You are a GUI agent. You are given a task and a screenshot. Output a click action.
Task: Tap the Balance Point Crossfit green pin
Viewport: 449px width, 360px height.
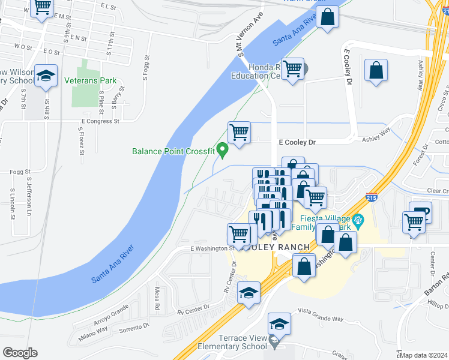click(x=223, y=149)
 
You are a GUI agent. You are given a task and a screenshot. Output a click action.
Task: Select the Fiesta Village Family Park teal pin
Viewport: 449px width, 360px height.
click(x=358, y=220)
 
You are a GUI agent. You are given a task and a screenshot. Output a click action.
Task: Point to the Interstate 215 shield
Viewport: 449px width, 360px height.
click(x=372, y=197)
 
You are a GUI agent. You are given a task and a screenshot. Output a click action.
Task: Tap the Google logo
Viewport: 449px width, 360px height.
click(x=20, y=352)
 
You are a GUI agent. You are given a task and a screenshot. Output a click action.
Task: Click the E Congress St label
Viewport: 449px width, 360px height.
click(x=99, y=121)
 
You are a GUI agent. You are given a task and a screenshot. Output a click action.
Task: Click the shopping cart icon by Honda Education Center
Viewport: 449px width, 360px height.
click(x=292, y=69)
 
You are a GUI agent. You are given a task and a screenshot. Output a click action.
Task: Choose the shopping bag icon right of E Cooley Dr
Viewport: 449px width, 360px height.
click(x=376, y=70)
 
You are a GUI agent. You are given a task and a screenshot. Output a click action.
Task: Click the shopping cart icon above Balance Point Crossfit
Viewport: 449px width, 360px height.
click(x=239, y=131)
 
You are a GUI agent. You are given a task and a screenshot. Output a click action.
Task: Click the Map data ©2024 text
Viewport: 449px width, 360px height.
click(x=424, y=355)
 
